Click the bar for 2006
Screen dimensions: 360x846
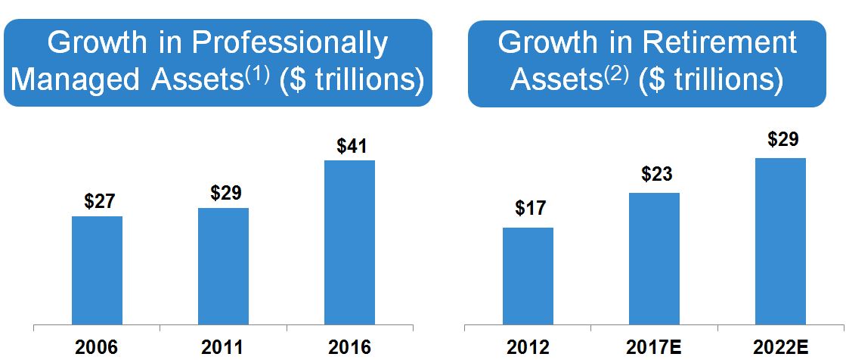click(97, 271)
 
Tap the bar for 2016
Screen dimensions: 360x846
click(349, 243)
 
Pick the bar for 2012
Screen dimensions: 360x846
click(528, 277)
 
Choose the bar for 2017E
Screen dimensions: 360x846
click(654, 259)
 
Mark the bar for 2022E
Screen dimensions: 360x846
click(780, 242)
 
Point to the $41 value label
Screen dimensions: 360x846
click(350, 145)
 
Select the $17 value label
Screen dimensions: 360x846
click(530, 209)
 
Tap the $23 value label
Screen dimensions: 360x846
click(656, 174)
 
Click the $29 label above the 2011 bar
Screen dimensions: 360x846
click(225, 193)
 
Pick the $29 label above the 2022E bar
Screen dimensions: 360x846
click(782, 140)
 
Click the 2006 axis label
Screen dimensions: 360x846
click(97, 347)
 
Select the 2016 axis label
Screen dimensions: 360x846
click(349, 347)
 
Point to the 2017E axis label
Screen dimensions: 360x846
click(654, 347)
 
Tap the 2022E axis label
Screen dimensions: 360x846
click(780, 347)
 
